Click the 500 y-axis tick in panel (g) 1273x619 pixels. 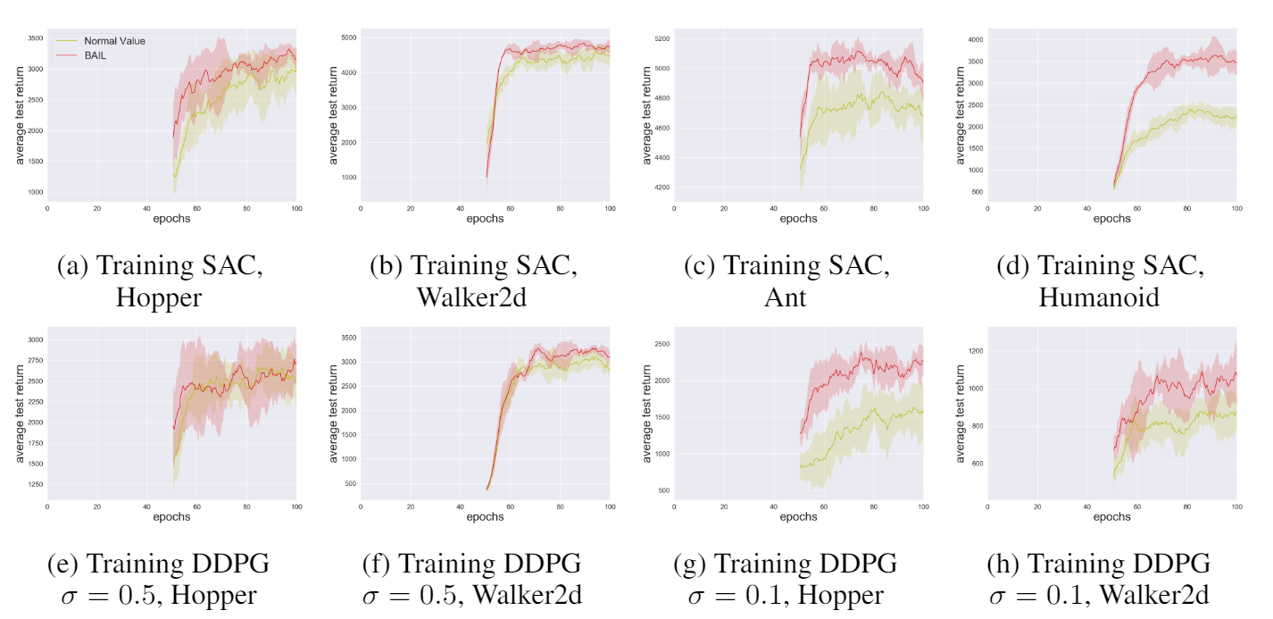(x=662, y=490)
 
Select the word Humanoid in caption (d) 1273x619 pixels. (x=1099, y=297)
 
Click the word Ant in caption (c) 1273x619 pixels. (x=785, y=297)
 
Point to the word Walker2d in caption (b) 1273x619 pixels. (x=471, y=297)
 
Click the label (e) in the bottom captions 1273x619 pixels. (x=68, y=565)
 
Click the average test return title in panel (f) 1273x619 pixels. (x=334, y=413)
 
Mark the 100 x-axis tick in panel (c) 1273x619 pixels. (x=923, y=207)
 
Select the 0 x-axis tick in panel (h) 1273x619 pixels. (x=987, y=506)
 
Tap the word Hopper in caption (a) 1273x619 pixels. (x=159, y=297)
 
